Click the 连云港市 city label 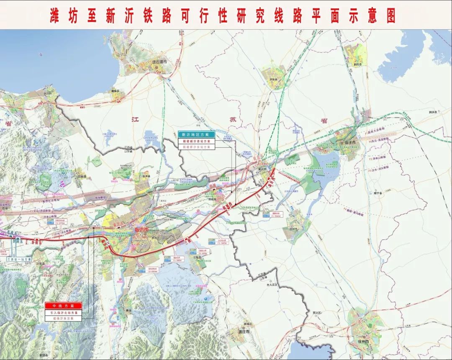[x=159, y=62]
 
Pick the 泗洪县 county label [x=432, y=112]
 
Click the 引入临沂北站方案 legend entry [x=64, y=313]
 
